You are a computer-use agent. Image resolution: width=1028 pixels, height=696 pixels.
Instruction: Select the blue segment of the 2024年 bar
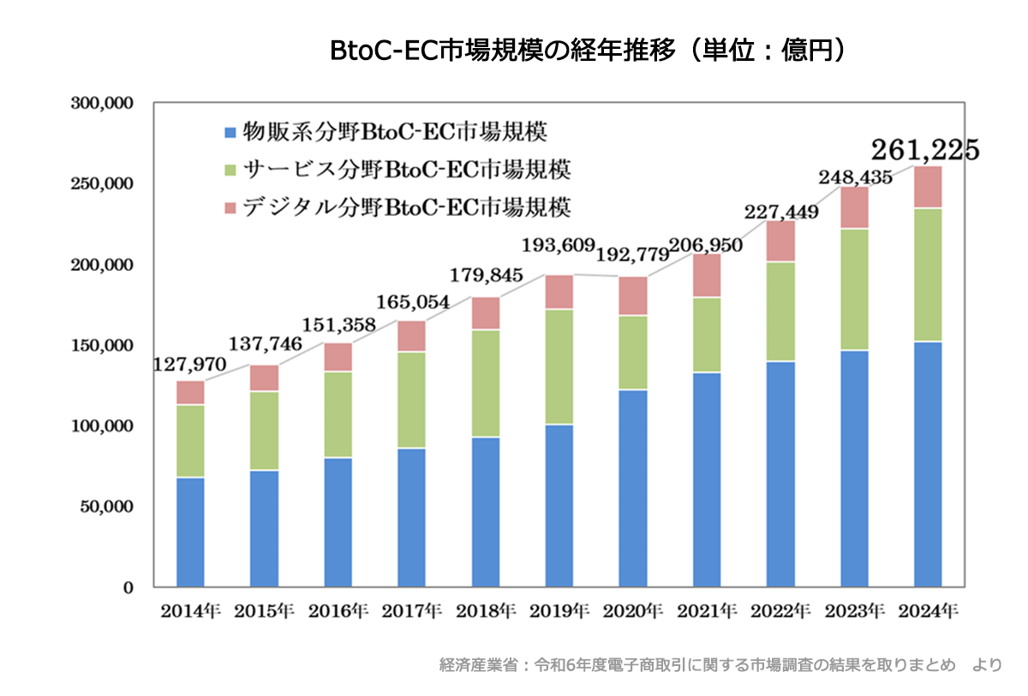click(928, 464)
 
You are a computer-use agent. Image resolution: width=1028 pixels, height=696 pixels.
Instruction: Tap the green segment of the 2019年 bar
click(559, 367)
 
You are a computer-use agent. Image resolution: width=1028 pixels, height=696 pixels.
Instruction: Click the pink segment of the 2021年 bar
click(707, 275)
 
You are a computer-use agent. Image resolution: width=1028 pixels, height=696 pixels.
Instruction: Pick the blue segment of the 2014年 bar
click(190, 531)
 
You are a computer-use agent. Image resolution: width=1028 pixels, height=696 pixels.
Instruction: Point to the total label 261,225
click(924, 150)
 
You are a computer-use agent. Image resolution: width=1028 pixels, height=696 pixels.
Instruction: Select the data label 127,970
click(190, 364)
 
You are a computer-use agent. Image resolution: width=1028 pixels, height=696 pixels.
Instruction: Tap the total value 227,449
click(782, 211)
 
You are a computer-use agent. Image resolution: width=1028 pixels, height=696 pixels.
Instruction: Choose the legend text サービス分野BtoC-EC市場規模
click(407, 170)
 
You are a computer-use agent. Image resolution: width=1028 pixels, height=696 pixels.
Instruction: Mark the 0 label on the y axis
click(128, 587)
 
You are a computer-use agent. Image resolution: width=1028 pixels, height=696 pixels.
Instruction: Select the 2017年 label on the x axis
click(412, 612)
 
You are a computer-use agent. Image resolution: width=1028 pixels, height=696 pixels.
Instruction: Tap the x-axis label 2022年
click(780, 612)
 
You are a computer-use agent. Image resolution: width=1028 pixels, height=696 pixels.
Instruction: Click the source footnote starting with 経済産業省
click(720, 664)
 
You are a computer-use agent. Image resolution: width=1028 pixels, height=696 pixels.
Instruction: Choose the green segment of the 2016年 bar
click(338, 414)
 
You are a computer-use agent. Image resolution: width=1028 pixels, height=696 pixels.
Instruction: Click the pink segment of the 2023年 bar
click(854, 207)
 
